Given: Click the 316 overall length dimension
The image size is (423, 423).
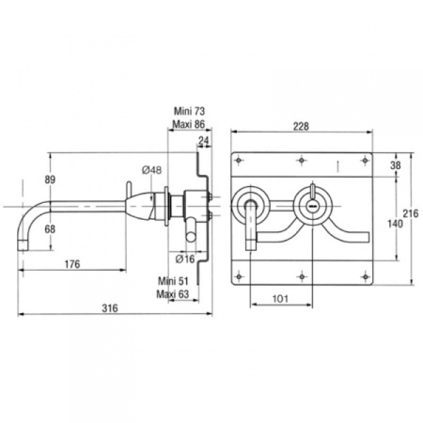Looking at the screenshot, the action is (x=110, y=308).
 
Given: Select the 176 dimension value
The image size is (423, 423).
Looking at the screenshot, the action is (x=72, y=264).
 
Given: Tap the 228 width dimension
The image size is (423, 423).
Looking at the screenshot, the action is (x=301, y=126).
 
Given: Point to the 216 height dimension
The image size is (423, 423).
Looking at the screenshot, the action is (x=411, y=213).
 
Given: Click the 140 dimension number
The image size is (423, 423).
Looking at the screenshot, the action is (x=395, y=224).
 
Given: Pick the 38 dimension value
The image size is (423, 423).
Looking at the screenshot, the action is (x=396, y=165).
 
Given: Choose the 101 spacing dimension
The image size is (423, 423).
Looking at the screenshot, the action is (x=280, y=299).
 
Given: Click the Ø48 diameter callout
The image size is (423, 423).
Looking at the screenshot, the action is (x=152, y=170).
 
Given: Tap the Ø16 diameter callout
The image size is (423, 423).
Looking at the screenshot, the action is (x=185, y=258).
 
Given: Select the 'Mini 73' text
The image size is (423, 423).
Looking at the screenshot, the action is (x=190, y=111).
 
